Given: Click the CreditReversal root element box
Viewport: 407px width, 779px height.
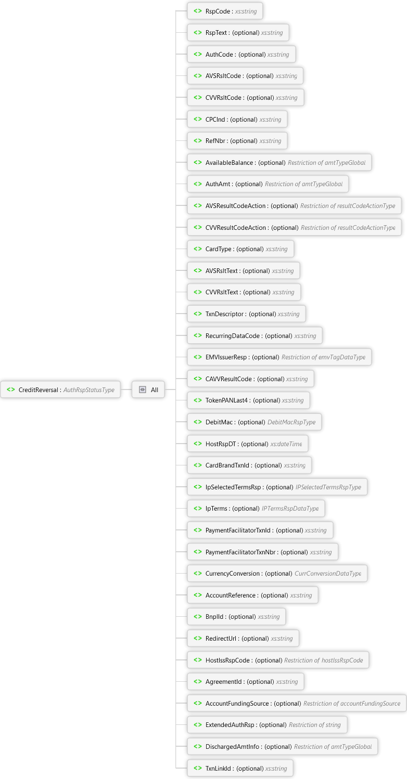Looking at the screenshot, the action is pos(60,389).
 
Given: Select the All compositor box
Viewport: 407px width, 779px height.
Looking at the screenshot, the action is pos(148,389).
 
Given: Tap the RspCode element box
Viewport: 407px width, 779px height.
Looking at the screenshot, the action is pos(225,11).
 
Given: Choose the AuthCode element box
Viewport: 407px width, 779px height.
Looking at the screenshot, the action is pos(241,54).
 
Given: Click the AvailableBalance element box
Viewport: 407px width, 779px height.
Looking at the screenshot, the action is pos(279,162).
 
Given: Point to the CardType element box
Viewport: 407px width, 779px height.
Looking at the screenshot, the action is pos(240,249).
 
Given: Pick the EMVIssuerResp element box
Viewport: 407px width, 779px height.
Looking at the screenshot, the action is pos(279,357).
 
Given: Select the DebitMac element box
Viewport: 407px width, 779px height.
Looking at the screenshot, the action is pos(254,422).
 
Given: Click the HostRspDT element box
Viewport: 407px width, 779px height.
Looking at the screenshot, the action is pos(248,444).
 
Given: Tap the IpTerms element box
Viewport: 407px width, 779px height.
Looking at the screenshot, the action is pos(256,509).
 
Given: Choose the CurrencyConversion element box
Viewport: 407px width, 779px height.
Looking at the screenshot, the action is pos(277,574).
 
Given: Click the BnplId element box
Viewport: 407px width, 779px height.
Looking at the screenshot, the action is pos(236,617).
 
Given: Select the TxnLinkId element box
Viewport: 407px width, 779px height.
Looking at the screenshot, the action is pos(240,768).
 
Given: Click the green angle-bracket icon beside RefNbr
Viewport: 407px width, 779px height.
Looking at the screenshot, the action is pos(198,140).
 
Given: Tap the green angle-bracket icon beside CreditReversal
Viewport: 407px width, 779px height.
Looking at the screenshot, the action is pos(11,389).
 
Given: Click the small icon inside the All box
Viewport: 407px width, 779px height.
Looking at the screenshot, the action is pos(143,389).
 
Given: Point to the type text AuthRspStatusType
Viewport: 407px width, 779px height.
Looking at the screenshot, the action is pos(89,390).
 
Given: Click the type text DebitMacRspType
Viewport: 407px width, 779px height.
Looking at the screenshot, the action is pos(291,422).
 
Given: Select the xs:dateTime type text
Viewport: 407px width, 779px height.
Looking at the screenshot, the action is pos(286,444).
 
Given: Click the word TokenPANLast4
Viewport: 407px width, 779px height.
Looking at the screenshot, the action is pos(226,400).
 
